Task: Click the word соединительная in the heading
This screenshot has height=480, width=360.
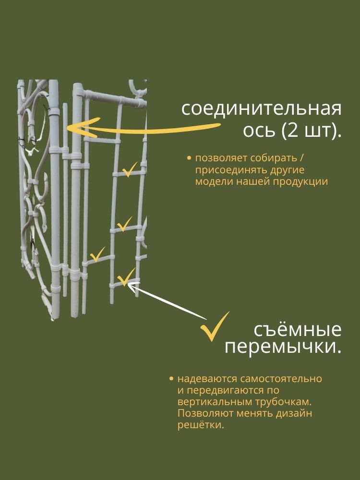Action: coord(262,109)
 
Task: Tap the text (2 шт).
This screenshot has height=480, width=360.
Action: coord(311,131)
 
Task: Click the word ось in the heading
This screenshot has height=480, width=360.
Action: coord(254,131)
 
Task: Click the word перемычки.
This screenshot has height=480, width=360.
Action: coord(283,347)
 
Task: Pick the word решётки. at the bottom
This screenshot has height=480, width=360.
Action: coord(201,425)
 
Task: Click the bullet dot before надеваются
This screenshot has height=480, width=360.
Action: coord(171,379)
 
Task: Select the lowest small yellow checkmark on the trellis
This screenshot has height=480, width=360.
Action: coord(126,277)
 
